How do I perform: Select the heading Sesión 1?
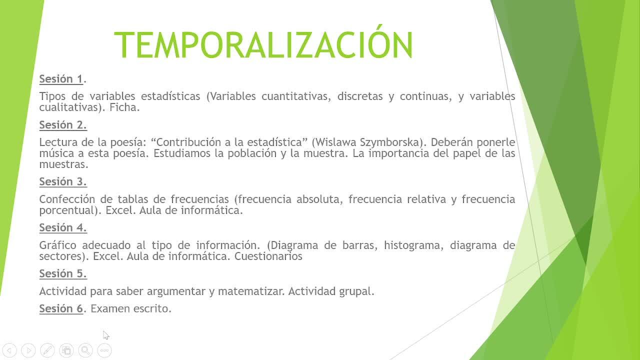[61, 79]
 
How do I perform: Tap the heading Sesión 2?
[63, 125]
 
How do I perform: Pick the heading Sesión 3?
[63, 181]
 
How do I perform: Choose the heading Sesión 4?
[63, 227]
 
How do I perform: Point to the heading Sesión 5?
[63, 273]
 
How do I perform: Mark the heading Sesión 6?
[61, 308]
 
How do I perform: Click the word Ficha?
[124, 107]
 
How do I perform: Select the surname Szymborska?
[390, 142]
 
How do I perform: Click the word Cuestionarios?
[268, 256]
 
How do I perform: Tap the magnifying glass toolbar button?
[85, 350]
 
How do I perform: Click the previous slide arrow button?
[9, 350]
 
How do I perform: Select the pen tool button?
[47, 350]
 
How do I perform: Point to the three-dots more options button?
[104, 350]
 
